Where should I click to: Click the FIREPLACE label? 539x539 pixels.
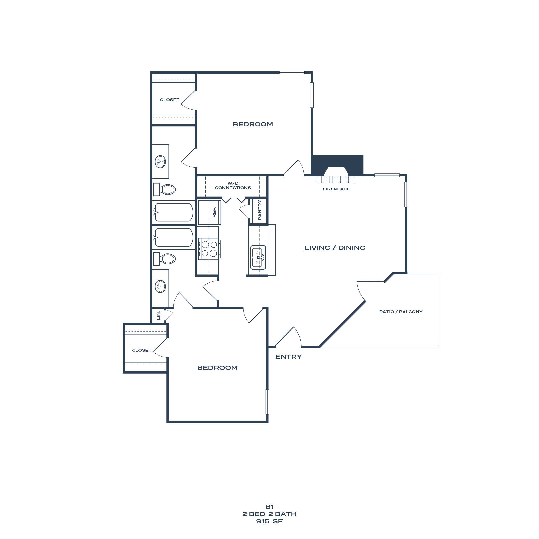click(x=336, y=189)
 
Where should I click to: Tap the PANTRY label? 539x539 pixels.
click(x=260, y=210)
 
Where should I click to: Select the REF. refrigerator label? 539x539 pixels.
click(x=214, y=212)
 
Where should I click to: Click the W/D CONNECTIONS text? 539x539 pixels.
click(x=233, y=185)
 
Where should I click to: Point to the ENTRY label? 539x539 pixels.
click(x=288, y=357)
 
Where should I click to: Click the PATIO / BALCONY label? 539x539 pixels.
click(x=401, y=312)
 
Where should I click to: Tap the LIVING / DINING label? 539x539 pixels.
click(x=335, y=248)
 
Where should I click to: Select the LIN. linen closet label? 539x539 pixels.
click(x=158, y=315)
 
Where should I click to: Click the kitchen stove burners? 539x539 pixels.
click(x=209, y=249)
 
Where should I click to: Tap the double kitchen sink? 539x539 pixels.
click(x=258, y=257)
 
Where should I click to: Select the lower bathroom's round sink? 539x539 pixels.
click(x=160, y=286)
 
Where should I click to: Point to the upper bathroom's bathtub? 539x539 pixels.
click(x=173, y=212)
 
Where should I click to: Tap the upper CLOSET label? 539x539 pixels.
click(x=169, y=100)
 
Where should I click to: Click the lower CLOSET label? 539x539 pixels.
click(x=141, y=350)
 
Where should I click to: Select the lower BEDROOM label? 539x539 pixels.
click(x=217, y=368)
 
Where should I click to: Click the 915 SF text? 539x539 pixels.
click(x=269, y=521)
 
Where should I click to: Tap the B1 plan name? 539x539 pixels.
click(x=269, y=507)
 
